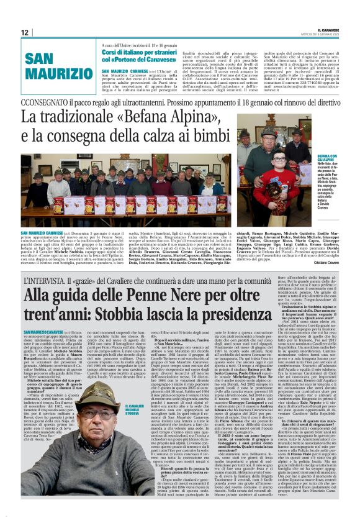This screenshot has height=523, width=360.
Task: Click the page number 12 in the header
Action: [x=24, y=32]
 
